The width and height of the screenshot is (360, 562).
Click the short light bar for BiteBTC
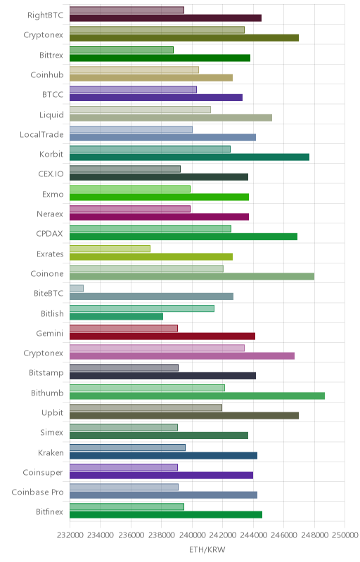coord(77,289)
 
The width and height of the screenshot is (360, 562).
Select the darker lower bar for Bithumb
coord(197,396)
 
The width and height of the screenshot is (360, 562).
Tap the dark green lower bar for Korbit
coord(189,157)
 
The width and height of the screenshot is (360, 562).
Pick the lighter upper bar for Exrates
coord(110,249)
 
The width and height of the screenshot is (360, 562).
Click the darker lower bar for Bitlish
coord(116,317)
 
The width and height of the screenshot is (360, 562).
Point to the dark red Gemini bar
coord(162,336)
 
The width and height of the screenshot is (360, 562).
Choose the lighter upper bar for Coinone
coord(146,268)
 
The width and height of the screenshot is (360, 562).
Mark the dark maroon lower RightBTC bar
coord(165,18)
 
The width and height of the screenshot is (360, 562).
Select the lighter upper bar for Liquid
coord(140,110)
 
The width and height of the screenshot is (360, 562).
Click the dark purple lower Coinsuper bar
coord(161,476)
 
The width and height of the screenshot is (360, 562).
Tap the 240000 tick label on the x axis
coord(192,535)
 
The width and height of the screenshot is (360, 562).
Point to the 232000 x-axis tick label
coord(70,535)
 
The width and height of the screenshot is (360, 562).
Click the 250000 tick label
coord(345,535)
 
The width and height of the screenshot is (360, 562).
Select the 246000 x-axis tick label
coord(283,535)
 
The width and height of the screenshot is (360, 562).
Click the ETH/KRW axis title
coord(207,550)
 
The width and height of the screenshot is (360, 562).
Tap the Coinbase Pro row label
coord(37,492)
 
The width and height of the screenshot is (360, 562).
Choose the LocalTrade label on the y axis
coord(41,134)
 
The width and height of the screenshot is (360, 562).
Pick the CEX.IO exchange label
coord(51,174)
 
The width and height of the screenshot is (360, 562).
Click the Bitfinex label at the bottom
coord(49,512)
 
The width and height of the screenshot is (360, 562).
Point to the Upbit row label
coord(52,413)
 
